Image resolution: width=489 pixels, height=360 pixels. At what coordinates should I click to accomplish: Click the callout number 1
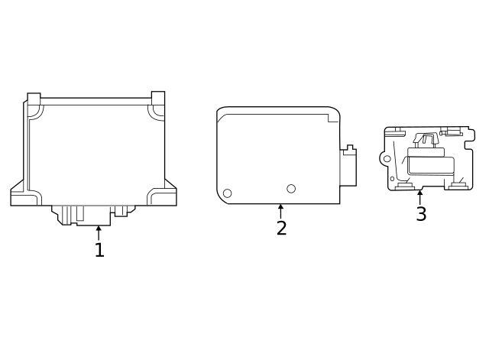point(99,251)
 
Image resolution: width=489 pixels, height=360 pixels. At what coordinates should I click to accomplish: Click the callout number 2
point(281,229)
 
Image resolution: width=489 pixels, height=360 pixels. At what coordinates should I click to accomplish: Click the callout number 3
point(421,215)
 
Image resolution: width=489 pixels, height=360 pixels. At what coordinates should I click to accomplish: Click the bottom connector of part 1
point(93,215)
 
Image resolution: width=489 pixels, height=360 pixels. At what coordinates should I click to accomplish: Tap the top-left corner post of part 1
point(34,100)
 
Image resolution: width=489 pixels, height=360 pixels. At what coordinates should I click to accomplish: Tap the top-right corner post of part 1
point(158,99)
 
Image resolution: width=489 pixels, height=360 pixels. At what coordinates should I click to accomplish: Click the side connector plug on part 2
point(348,166)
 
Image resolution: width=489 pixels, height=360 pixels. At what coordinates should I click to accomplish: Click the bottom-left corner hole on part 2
point(227,193)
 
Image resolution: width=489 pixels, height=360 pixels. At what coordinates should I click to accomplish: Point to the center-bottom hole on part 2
point(291,189)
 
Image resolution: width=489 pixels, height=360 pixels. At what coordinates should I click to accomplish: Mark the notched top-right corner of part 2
point(334,116)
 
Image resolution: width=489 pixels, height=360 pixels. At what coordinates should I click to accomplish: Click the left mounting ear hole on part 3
point(387,159)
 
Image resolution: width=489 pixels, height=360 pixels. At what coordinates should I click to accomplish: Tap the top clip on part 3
point(425,139)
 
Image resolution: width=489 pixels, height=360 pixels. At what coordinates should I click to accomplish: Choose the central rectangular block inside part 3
point(431,164)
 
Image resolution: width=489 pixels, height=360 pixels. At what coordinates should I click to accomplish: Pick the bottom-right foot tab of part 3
point(458,185)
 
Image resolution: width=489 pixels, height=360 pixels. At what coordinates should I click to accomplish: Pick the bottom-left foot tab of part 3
point(405,185)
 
